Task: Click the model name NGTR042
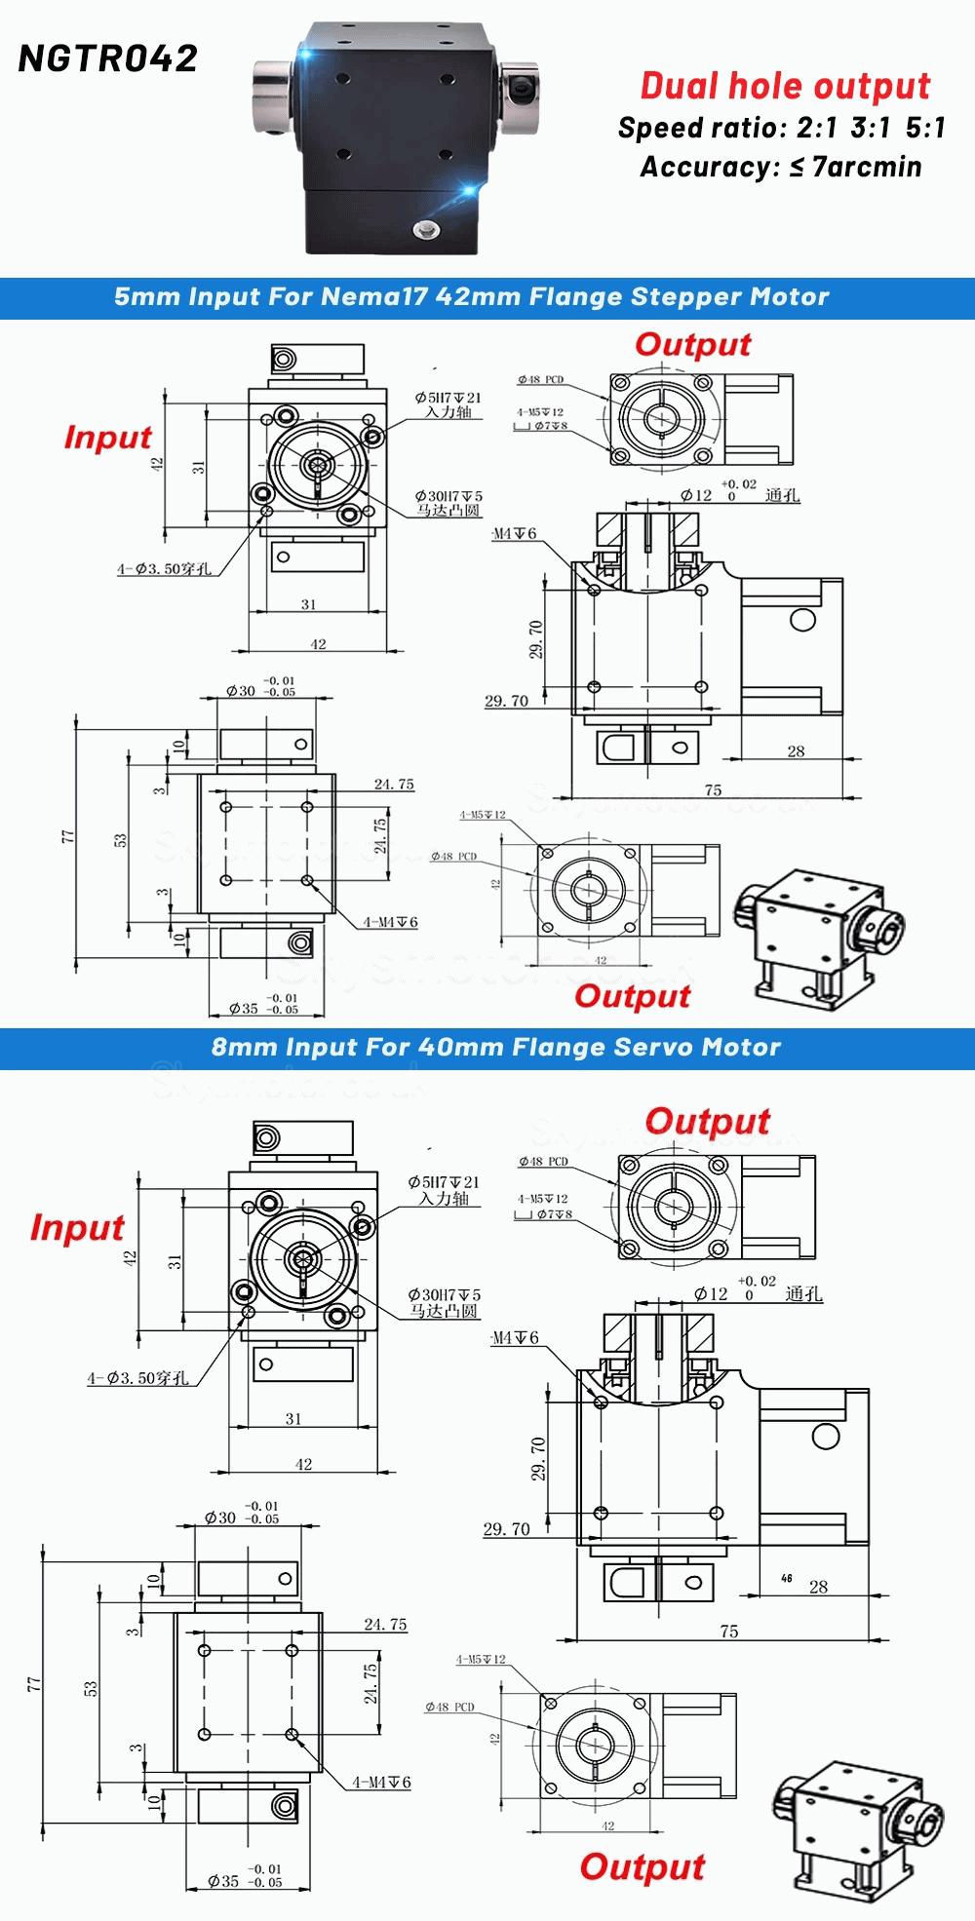click(x=108, y=59)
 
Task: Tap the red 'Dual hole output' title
click(x=785, y=86)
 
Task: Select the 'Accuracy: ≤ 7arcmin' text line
click(x=781, y=167)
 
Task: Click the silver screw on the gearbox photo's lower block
click(x=425, y=230)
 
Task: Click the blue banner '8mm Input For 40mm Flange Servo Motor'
click(x=495, y=1048)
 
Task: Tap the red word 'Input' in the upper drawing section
click(x=107, y=438)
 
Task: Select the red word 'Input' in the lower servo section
click(x=77, y=1227)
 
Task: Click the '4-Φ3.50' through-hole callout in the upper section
click(x=164, y=569)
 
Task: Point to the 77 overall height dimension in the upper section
click(x=66, y=836)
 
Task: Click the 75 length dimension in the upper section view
click(x=713, y=790)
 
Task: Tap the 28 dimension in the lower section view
click(x=818, y=1587)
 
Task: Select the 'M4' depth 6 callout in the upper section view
click(x=514, y=534)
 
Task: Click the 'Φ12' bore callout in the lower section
click(x=712, y=1294)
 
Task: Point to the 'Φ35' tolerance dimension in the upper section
click(x=244, y=1009)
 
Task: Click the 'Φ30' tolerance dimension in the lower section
click(x=220, y=1518)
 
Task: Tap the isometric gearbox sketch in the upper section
click(x=819, y=937)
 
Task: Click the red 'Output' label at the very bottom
click(x=642, y=1867)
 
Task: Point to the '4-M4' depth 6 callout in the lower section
click(x=381, y=1783)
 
